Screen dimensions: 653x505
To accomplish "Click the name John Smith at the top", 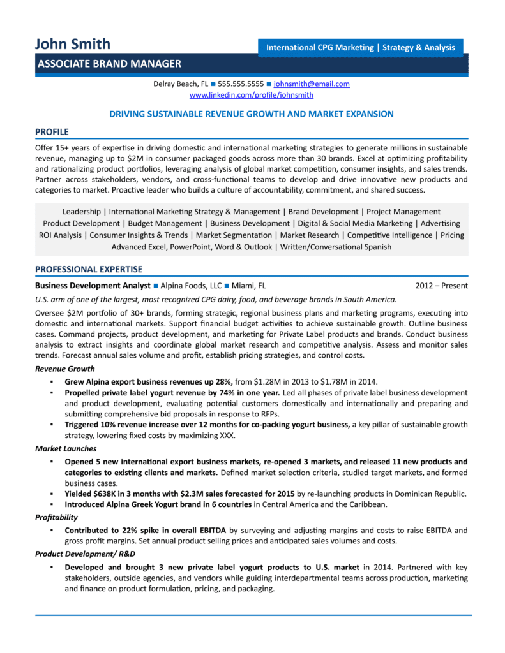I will [73, 44].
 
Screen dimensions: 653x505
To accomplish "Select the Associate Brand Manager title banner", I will [109, 64].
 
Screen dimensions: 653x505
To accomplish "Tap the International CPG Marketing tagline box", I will [360, 48].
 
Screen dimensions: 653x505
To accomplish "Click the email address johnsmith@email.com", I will [312, 84].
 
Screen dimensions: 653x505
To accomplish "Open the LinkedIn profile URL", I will [252, 95].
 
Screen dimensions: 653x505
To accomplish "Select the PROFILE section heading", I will [52, 132].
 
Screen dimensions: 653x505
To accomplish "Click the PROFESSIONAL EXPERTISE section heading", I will [89, 269].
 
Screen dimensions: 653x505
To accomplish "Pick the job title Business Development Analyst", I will [93, 286].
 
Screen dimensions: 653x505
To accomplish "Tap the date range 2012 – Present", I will [441, 286].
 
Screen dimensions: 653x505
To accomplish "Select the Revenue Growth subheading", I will [65, 369].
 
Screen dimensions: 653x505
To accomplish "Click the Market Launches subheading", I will [66, 449].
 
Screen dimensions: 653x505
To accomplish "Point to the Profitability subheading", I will [57, 517].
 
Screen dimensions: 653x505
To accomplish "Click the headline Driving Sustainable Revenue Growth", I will [252, 114].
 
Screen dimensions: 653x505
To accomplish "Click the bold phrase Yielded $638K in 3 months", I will [119, 494].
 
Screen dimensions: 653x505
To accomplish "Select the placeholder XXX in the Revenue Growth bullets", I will [227, 436].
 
